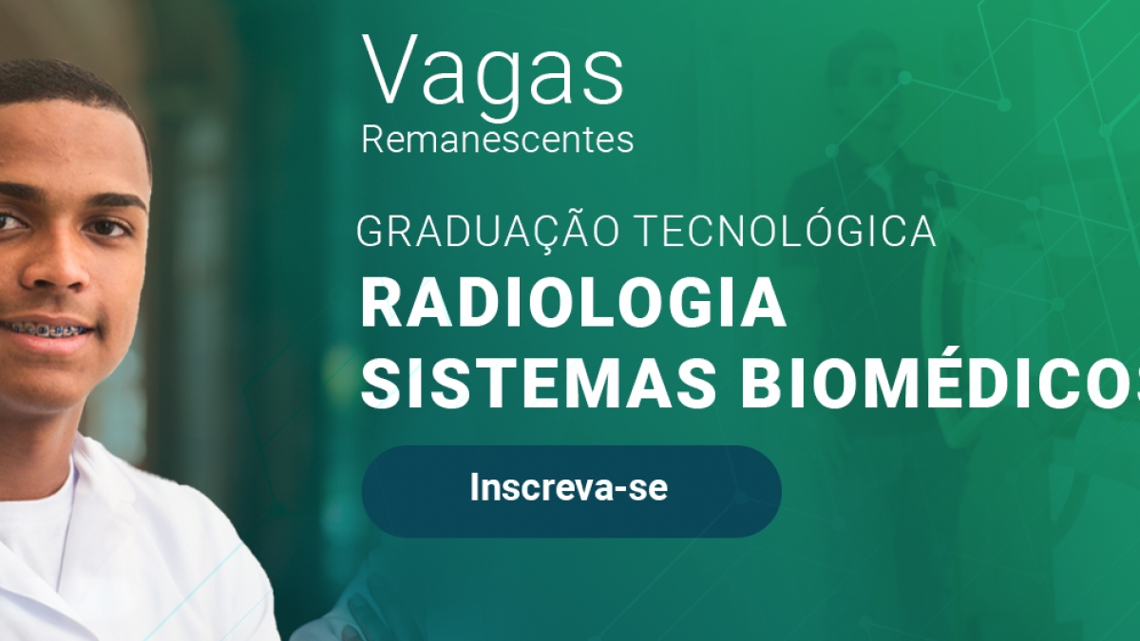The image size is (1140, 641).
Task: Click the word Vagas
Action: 492,77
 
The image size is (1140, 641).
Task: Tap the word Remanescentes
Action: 497,140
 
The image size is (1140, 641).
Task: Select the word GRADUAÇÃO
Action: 488,232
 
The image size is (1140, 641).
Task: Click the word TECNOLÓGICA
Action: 787,232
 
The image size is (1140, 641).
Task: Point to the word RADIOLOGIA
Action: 573,303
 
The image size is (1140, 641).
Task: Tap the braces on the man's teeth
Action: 47,330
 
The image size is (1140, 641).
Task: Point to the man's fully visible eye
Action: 106,227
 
